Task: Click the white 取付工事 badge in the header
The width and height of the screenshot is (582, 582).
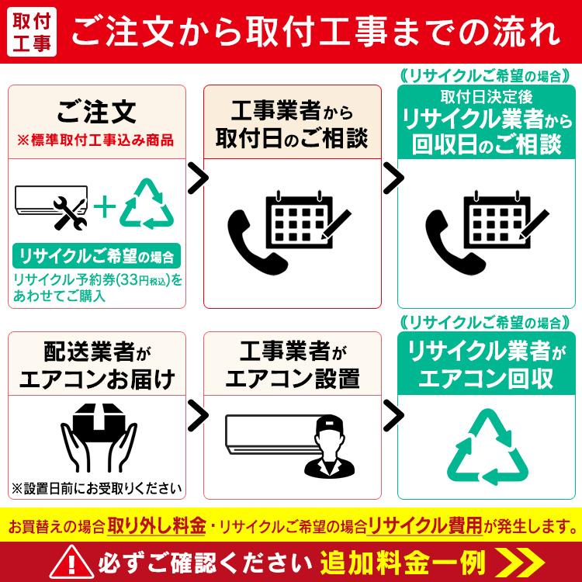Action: [32, 33]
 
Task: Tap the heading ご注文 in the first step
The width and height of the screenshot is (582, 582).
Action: [97, 112]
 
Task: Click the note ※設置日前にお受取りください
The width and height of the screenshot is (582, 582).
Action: [97, 489]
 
